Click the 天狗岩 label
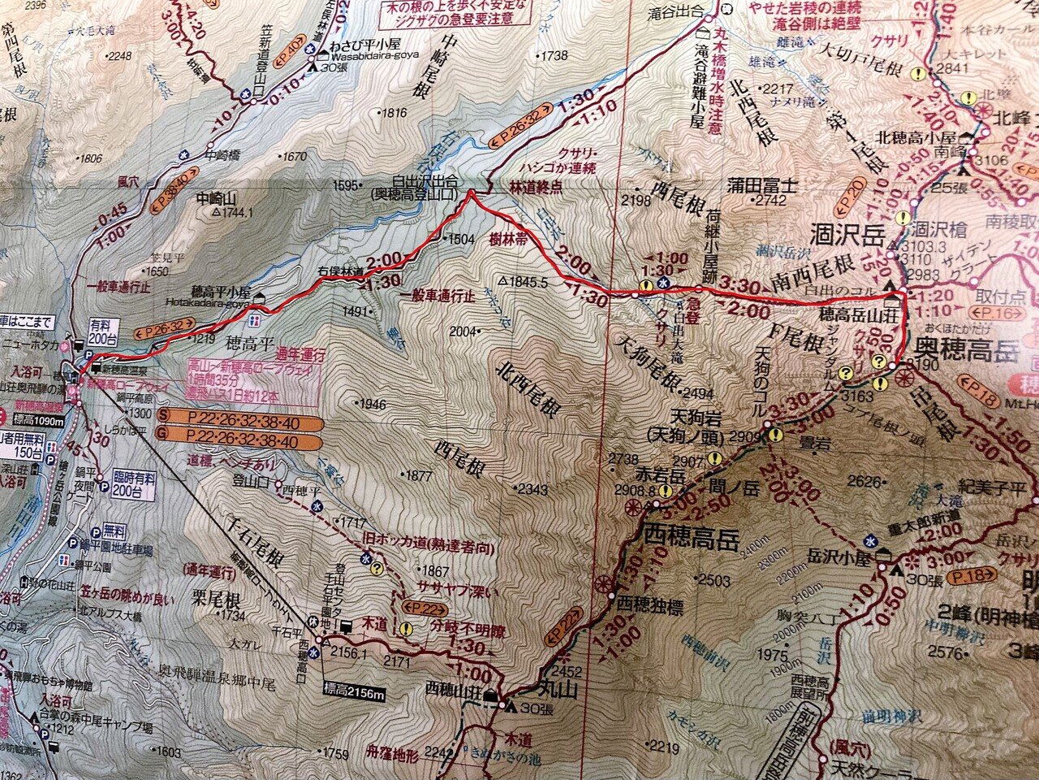692,417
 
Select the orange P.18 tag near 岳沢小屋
971,577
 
